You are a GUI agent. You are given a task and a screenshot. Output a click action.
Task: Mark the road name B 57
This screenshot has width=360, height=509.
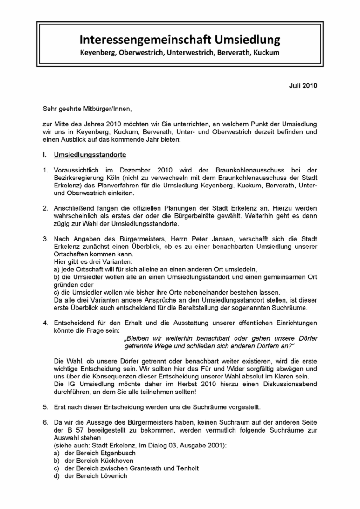tap(68, 430)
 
